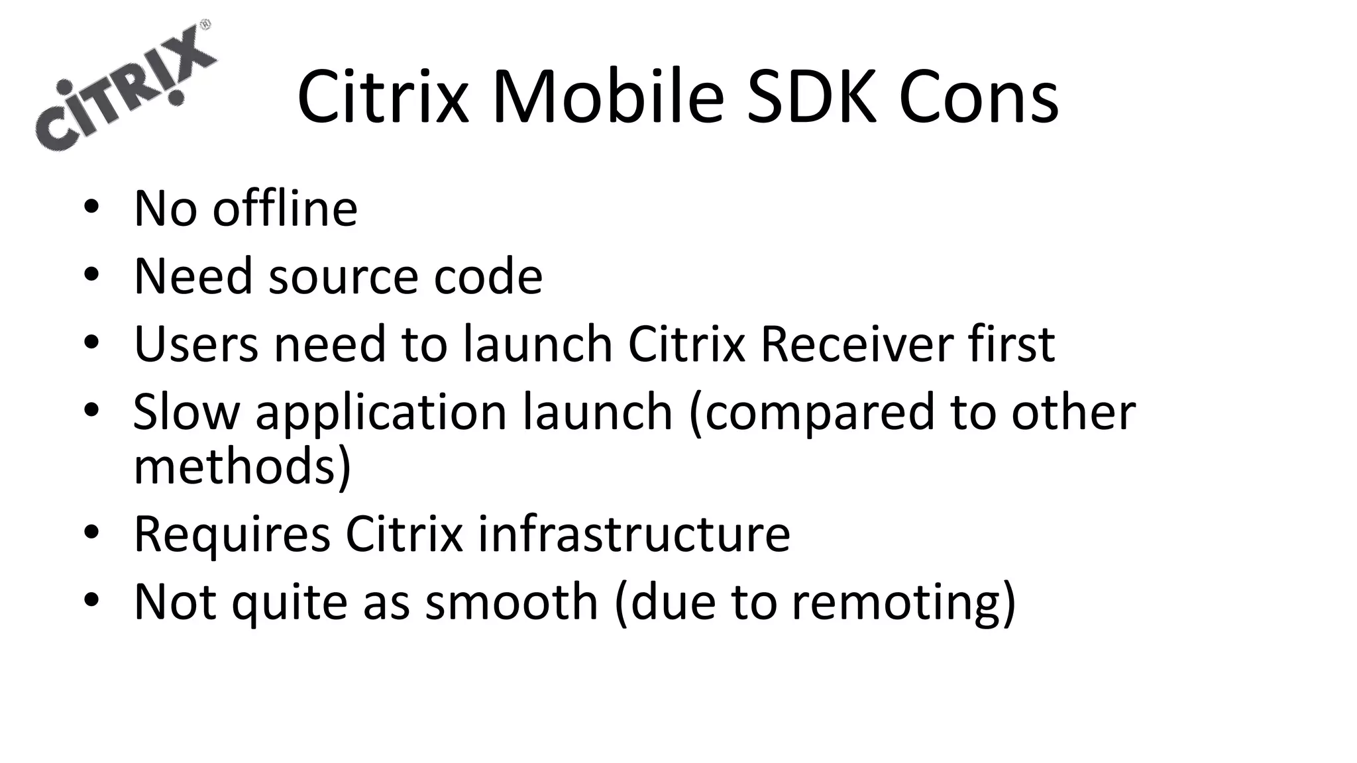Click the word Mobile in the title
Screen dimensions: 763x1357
[608, 97]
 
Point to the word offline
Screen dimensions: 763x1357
[285, 208]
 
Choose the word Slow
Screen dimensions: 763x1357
[186, 411]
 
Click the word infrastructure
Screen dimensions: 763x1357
[633, 534]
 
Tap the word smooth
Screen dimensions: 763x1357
[511, 601]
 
